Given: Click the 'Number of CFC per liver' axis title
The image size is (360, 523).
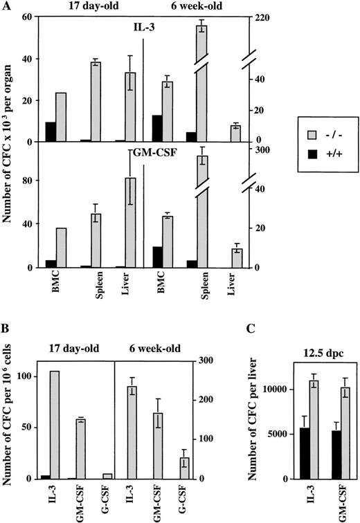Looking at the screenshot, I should coord(249,422).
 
